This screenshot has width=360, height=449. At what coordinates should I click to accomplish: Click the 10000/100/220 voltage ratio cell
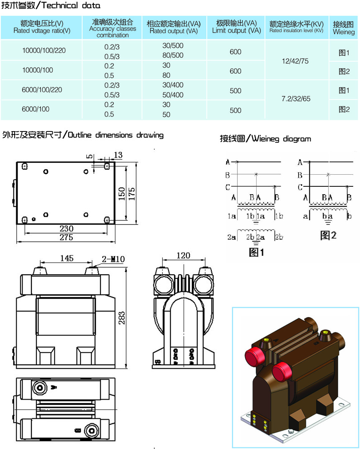[44, 51]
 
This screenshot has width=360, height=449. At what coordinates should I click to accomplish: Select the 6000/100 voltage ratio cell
[36, 109]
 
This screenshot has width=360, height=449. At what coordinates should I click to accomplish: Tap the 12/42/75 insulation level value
[295, 61]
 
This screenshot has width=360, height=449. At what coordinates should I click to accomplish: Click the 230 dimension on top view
[66, 229]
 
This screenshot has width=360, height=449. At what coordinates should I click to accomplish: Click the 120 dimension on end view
[183, 255]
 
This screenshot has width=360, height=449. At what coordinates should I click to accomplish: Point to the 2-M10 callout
[113, 259]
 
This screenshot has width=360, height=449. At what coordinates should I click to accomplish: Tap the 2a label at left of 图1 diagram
[231, 237]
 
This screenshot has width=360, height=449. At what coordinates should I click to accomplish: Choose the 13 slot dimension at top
[118, 155]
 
